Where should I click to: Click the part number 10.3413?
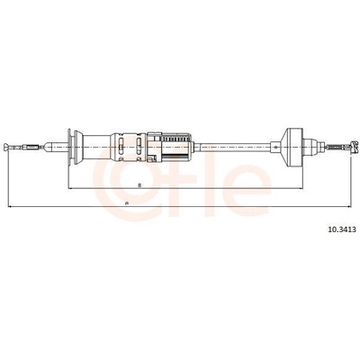(x=337, y=229)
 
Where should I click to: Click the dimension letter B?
(x=139, y=185)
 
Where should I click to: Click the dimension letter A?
(x=127, y=203)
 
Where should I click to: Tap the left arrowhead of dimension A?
(x=9, y=206)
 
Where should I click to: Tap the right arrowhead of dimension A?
(x=348, y=206)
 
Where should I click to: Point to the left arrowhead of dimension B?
(x=71, y=188)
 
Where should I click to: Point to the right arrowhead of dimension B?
(x=301, y=188)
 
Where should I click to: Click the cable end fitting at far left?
(x=7, y=148)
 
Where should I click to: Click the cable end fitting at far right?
(x=355, y=147)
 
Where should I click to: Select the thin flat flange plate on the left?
(x=69, y=147)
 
